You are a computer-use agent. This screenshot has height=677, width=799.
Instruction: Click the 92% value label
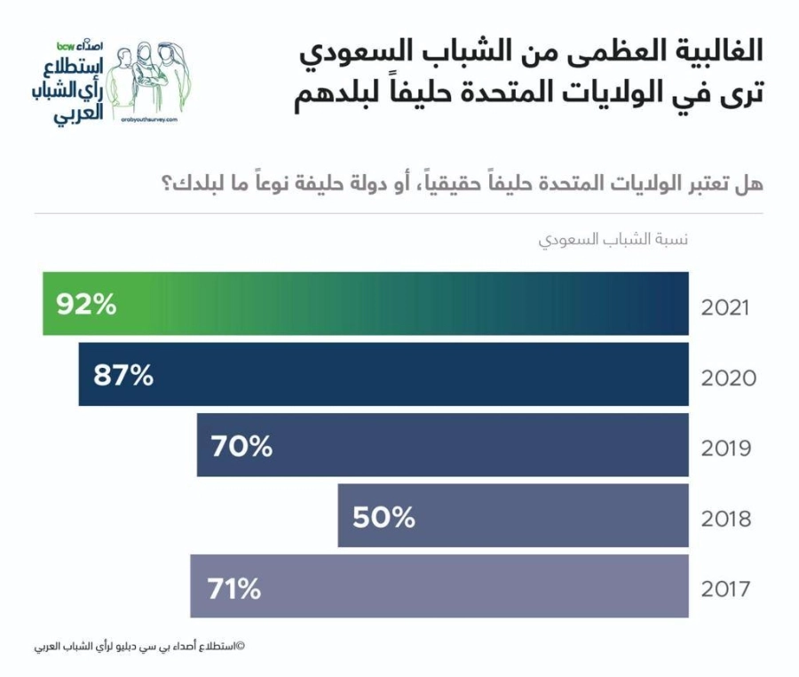[x=86, y=305]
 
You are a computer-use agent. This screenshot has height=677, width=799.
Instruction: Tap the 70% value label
[x=241, y=446]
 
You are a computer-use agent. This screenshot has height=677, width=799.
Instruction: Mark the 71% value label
[x=234, y=587]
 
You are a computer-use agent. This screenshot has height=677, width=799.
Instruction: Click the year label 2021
[x=725, y=308]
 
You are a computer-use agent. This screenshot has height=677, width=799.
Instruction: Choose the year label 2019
[x=726, y=449]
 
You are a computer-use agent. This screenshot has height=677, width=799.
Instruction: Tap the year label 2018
[x=726, y=519]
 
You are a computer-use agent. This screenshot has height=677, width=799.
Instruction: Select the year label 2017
[x=725, y=589]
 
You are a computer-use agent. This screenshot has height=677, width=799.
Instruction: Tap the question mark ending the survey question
[x=167, y=185]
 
